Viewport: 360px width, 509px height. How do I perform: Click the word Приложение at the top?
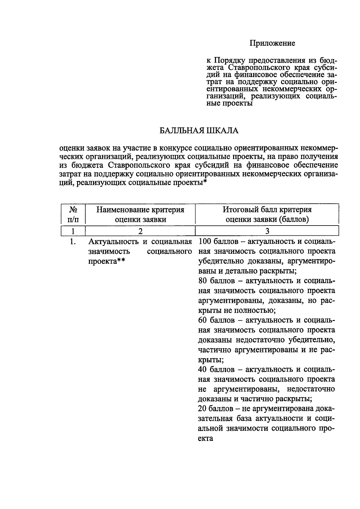tap(272, 43)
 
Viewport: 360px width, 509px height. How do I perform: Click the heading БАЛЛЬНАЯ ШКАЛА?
tap(199, 131)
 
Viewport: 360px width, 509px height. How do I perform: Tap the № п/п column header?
tap(73, 214)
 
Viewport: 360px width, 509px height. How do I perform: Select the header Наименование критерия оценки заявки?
tap(140, 214)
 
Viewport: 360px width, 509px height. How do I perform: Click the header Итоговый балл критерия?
tap(267, 210)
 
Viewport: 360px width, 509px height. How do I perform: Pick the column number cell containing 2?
tap(140, 231)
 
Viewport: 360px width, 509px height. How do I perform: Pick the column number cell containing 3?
tap(267, 231)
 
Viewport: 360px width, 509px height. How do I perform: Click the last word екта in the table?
tap(205, 438)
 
